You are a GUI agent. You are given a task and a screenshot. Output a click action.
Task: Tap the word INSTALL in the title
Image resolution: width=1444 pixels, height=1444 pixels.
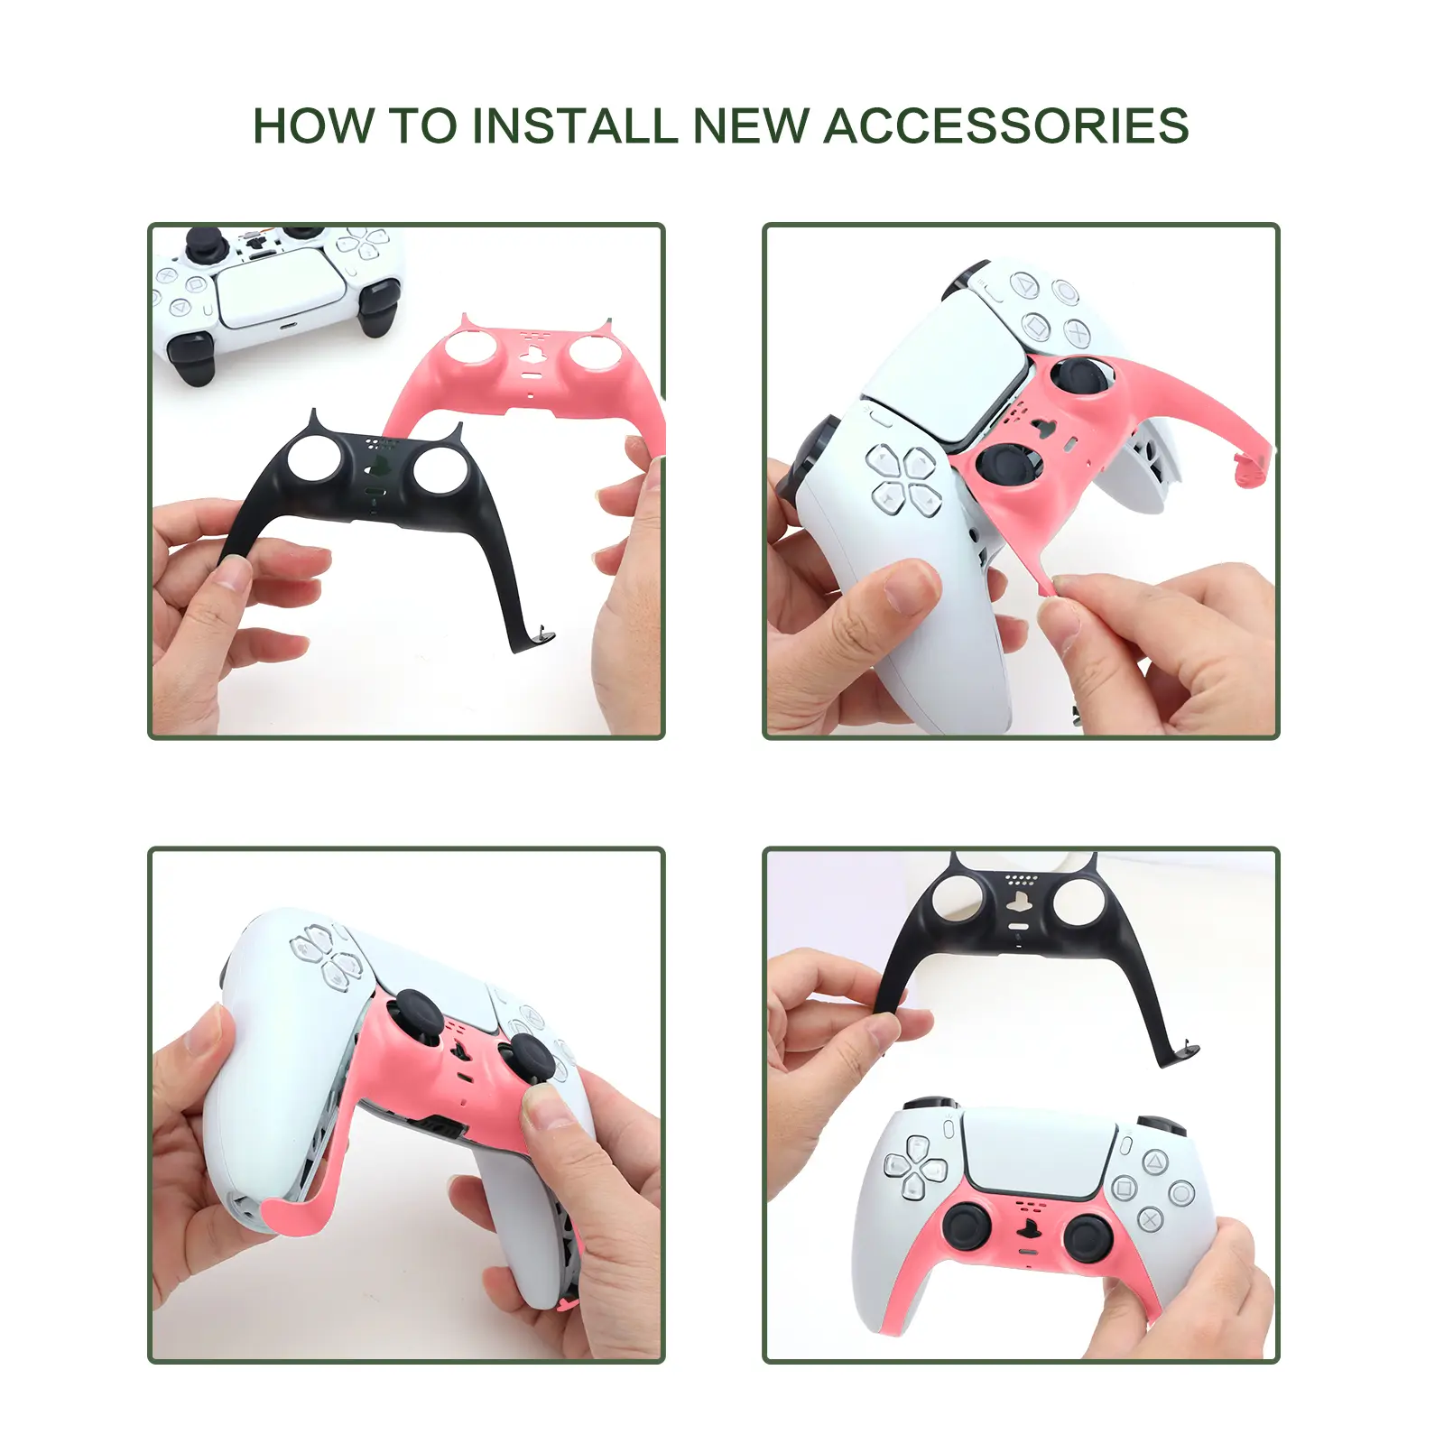tap(575, 125)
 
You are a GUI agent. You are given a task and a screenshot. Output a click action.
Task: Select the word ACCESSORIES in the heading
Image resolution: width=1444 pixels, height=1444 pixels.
tap(1006, 125)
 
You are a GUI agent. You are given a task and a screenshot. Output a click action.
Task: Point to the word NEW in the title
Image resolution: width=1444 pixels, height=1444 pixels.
tap(751, 125)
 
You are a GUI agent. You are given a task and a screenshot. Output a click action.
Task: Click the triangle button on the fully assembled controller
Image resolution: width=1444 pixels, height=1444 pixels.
tap(1155, 1161)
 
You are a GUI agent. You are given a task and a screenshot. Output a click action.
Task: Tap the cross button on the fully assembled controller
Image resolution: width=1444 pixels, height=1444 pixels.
tap(1150, 1220)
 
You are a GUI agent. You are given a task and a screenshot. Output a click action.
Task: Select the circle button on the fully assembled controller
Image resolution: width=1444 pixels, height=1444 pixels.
tap(1181, 1193)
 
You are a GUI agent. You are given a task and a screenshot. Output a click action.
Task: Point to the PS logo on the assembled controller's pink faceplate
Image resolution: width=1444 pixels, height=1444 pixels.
tap(1028, 1228)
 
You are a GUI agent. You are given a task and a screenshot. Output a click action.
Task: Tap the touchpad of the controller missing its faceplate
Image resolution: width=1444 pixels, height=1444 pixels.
tap(280, 290)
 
